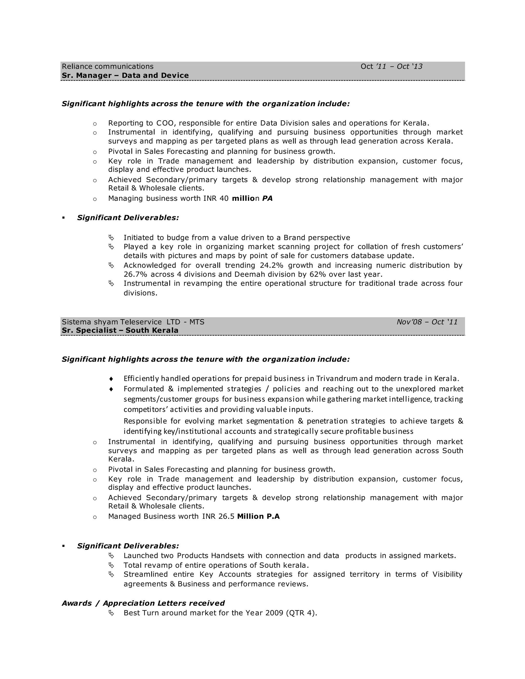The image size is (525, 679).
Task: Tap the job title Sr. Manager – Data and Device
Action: click(x=125, y=76)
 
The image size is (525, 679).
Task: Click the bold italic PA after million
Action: click(x=267, y=198)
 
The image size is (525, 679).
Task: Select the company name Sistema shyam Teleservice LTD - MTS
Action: click(x=133, y=322)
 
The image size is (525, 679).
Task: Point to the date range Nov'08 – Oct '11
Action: click(x=427, y=322)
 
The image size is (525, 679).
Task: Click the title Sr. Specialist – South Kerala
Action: click(x=120, y=331)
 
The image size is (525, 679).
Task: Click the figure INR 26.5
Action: click(x=218, y=516)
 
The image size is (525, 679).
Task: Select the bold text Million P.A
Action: click(x=258, y=516)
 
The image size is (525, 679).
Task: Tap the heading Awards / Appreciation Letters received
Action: click(x=143, y=603)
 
